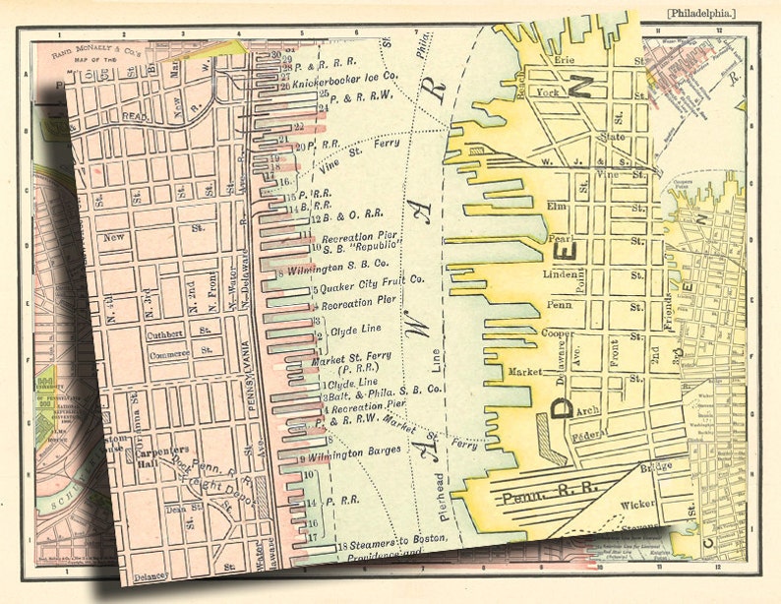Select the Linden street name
(561, 274)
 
